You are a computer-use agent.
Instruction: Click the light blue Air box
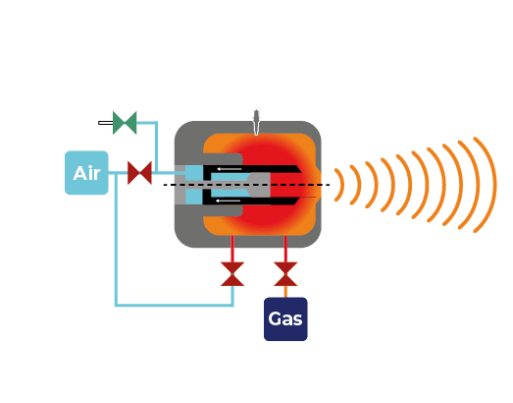(86, 173)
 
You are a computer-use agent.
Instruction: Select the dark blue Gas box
(285, 319)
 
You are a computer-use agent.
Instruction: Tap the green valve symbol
(125, 123)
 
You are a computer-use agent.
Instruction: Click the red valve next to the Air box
(139, 173)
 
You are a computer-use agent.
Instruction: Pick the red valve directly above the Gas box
(285, 274)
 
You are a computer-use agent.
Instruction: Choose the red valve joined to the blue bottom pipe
(232, 274)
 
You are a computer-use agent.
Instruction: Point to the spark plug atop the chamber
(256, 122)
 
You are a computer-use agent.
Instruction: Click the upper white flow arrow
(230, 169)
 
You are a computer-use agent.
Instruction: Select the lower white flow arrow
(229, 201)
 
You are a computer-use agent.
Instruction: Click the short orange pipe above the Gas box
(285, 292)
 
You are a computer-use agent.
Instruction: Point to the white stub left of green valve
(106, 123)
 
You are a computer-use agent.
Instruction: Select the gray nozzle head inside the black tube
(260, 185)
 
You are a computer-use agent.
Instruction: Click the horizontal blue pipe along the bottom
(175, 305)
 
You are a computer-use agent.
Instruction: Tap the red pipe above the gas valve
(285, 249)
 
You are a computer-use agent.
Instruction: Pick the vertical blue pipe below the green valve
(156, 146)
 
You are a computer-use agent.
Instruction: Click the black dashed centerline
(246, 185)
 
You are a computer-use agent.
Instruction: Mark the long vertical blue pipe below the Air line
(116, 239)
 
